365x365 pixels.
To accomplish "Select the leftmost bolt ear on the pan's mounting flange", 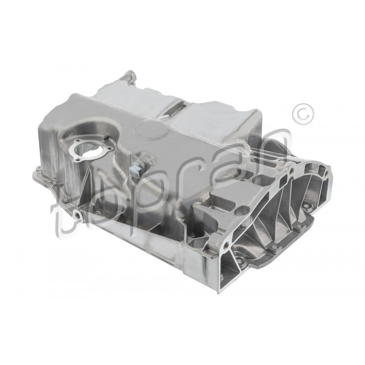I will pyautogui.click(x=37, y=170).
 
